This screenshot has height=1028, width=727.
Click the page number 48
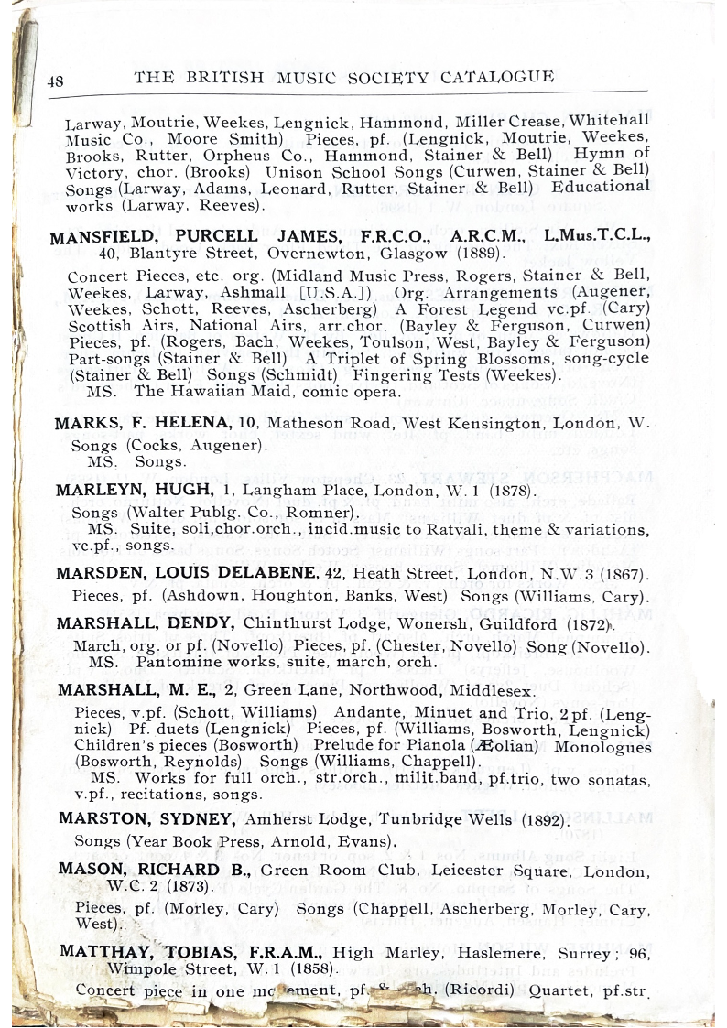coord(55,81)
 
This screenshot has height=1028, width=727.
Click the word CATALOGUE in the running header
coord(497,77)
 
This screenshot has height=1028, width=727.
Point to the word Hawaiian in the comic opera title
coord(212,392)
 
